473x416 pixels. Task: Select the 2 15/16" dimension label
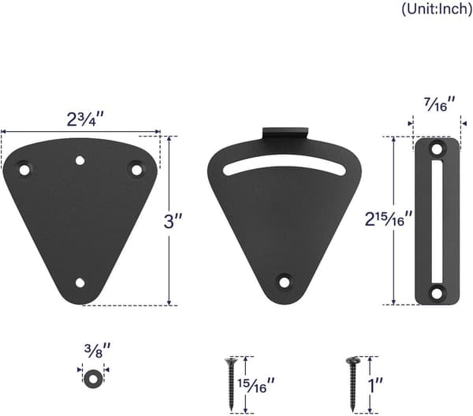[x=388, y=219]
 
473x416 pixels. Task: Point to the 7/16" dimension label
[x=440, y=104]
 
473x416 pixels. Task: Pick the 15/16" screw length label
[x=256, y=385]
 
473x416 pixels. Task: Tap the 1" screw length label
[x=375, y=385]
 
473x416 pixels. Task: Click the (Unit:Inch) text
[x=437, y=9]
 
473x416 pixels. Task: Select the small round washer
[x=92, y=379]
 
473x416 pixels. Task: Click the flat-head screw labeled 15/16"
[x=231, y=384]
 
